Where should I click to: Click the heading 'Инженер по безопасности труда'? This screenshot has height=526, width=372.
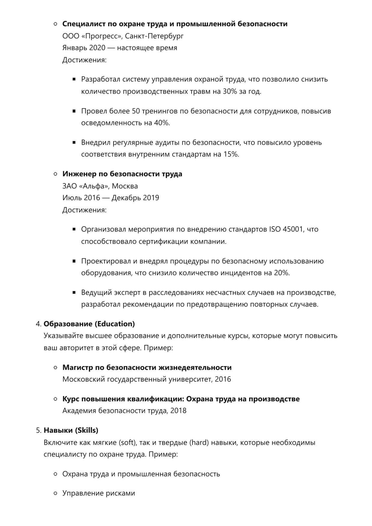(122, 174)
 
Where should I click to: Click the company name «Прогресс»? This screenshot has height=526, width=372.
(102, 36)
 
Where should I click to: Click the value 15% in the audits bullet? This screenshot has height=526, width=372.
(231, 154)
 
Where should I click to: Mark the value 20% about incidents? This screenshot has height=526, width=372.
(282, 273)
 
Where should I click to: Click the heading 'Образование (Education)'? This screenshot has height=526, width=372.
(89, 324)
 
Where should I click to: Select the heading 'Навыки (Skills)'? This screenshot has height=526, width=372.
(71, 430)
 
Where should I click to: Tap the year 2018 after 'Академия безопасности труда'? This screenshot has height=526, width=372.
(178, 410)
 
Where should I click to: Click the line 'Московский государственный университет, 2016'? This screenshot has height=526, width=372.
(147, 379)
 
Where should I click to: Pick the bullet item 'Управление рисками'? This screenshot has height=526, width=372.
(98, 493)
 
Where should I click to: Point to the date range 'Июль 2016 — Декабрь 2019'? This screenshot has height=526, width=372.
(111, 198)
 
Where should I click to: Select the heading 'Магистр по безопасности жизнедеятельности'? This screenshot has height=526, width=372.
(147, 368)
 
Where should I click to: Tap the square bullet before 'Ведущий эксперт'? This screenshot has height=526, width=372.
(74, 292)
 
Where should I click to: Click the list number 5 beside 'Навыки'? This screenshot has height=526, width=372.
(38, 431)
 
